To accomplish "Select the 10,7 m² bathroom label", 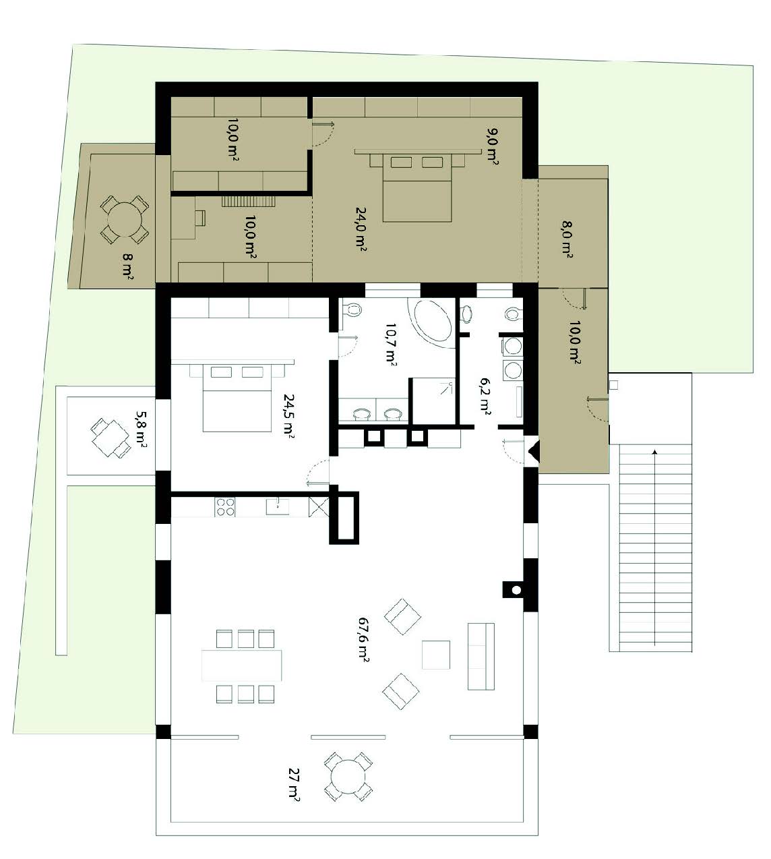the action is point(391,344).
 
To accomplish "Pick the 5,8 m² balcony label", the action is point(141,429).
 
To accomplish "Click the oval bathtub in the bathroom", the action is point(432,320).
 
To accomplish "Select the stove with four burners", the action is point(226,506).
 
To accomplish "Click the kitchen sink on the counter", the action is point(278,506).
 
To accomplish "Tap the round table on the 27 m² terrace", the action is point(348,777).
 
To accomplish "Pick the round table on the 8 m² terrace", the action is point(124,220).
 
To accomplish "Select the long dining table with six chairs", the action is point(241,665).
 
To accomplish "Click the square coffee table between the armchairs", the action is point(436,655).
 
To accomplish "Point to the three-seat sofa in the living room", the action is point(481,656).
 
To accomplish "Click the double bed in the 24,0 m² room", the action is point(417,187).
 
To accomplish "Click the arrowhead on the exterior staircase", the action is point(655,452).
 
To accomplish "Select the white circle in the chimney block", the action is point(516,590).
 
